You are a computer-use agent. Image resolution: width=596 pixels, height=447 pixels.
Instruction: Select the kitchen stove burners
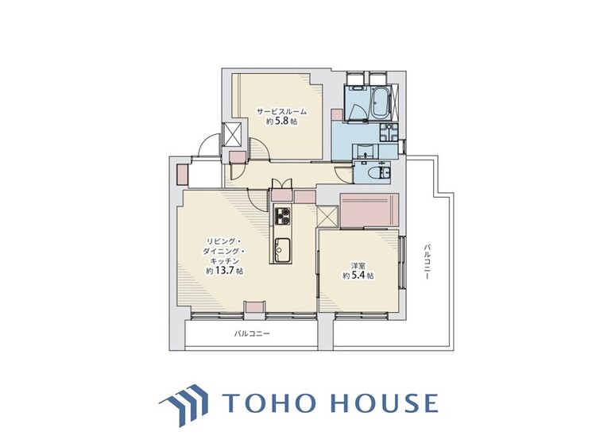point(282,216)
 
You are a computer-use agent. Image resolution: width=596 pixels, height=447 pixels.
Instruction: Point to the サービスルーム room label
point(281,112)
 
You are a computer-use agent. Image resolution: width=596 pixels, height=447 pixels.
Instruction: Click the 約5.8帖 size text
point(281,122)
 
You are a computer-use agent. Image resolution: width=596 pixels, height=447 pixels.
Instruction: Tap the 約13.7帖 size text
point(225,272)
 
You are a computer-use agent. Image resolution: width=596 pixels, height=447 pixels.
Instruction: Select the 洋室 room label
point(358,266)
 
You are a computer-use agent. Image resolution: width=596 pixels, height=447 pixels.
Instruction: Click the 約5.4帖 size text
point(358,276)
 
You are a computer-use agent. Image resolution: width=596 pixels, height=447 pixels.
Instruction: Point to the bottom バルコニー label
point(252,333)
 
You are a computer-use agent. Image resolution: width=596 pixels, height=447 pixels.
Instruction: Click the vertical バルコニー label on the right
point(428,262)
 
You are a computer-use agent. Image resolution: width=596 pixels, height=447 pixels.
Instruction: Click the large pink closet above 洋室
point(369,210)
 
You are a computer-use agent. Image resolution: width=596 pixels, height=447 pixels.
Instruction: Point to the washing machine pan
point(388,133)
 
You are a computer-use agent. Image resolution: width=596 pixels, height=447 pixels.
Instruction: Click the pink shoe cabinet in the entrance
point(183,175)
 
